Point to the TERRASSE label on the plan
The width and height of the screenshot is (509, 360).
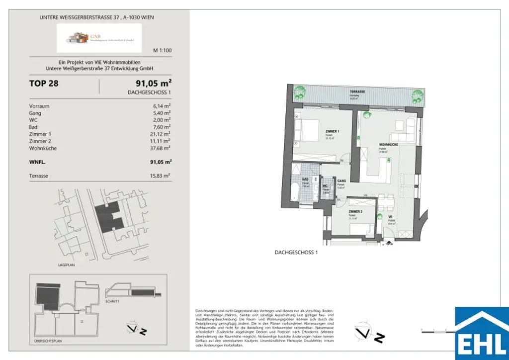coord(357,92)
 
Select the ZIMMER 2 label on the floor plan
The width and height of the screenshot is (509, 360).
coord(355,212)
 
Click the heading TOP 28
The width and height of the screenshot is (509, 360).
coord(44,84)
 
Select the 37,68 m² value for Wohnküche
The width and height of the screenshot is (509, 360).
coord(162,148)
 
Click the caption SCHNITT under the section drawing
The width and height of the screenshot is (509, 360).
coord(112,302)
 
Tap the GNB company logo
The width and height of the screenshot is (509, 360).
coord(99,38)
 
